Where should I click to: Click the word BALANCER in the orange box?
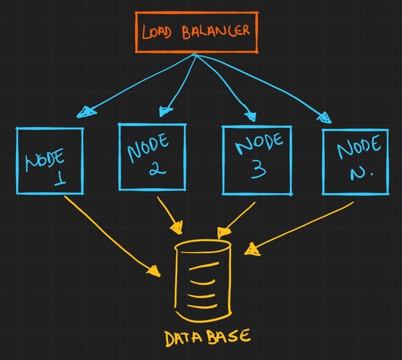[216, 32]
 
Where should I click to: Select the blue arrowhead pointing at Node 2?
[165, 111]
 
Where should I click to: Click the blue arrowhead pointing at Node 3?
[250, 114]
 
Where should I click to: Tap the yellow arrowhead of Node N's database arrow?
[251, 249]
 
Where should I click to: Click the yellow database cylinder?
[202, 281]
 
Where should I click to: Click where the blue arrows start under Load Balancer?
[196, 55]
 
